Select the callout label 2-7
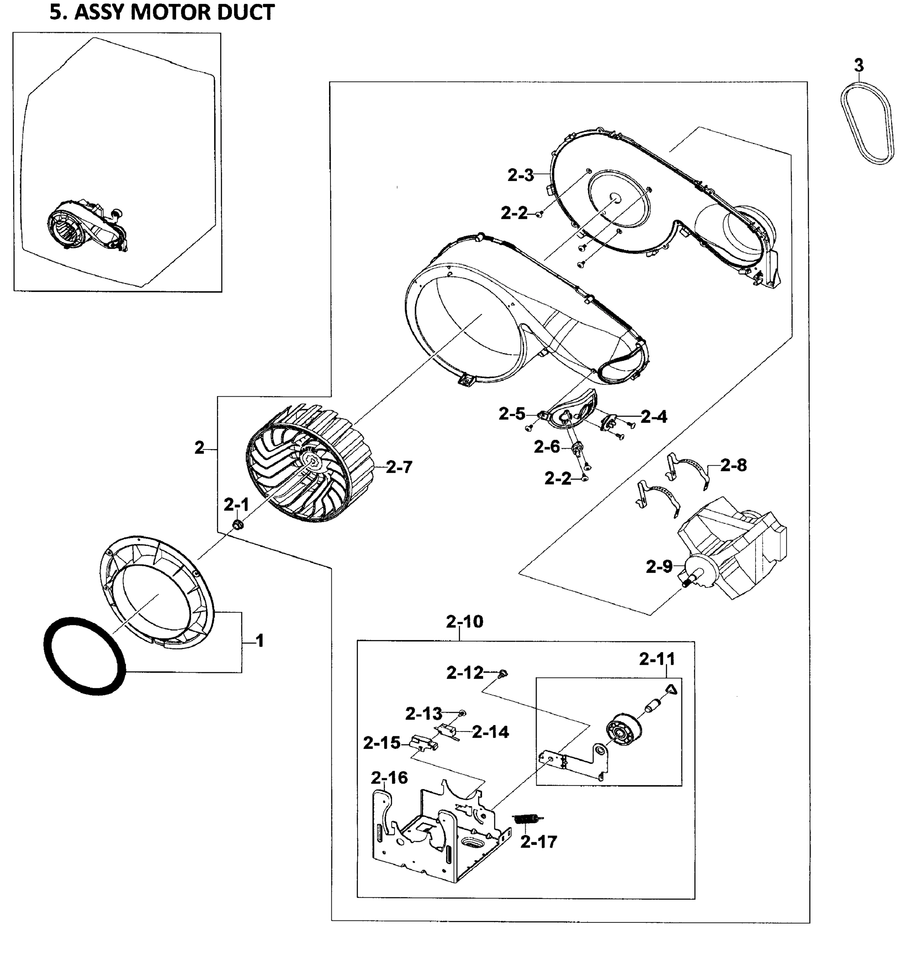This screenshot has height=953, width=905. (399, 467)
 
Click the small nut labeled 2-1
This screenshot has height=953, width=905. (237, 524)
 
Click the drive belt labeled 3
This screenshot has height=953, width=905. (867, 123)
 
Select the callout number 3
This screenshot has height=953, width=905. (859, 65)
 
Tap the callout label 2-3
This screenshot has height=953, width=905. (520, 176)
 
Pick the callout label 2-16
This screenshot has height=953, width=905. (389, 777)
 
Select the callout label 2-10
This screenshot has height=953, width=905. (464, 622)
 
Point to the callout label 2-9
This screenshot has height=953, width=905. (659, 567)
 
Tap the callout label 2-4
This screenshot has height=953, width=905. (654, 416)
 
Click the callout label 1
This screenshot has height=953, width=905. (259, 641)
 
